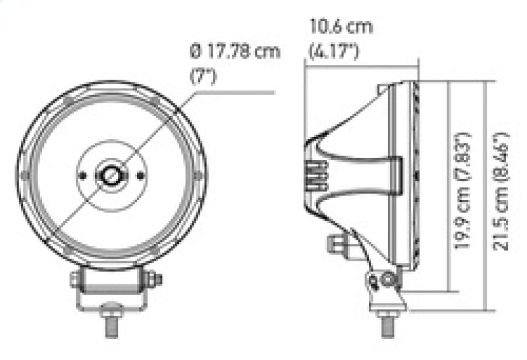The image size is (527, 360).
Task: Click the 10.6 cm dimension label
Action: [341, 28]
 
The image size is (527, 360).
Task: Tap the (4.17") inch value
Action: [334, 49]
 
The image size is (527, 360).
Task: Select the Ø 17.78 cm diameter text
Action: [235, 51]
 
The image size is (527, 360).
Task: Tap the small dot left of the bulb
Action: [84, 175]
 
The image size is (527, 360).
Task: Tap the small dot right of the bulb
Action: [140, 174]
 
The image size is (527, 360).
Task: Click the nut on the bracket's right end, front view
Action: [156, 279]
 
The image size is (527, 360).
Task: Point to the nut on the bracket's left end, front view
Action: [75, 280]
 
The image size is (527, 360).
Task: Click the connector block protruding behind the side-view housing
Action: [335, 247]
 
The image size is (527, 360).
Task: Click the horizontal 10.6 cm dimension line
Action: [362, 64]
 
